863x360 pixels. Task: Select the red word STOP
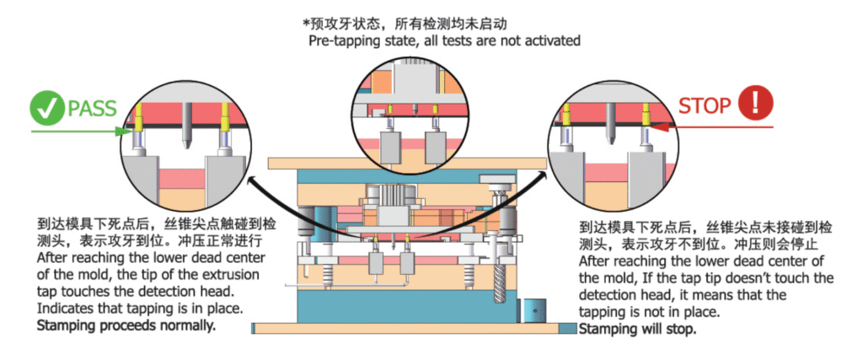click(x=705, y=106)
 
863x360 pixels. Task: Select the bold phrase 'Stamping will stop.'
click(x=638, y=329)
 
